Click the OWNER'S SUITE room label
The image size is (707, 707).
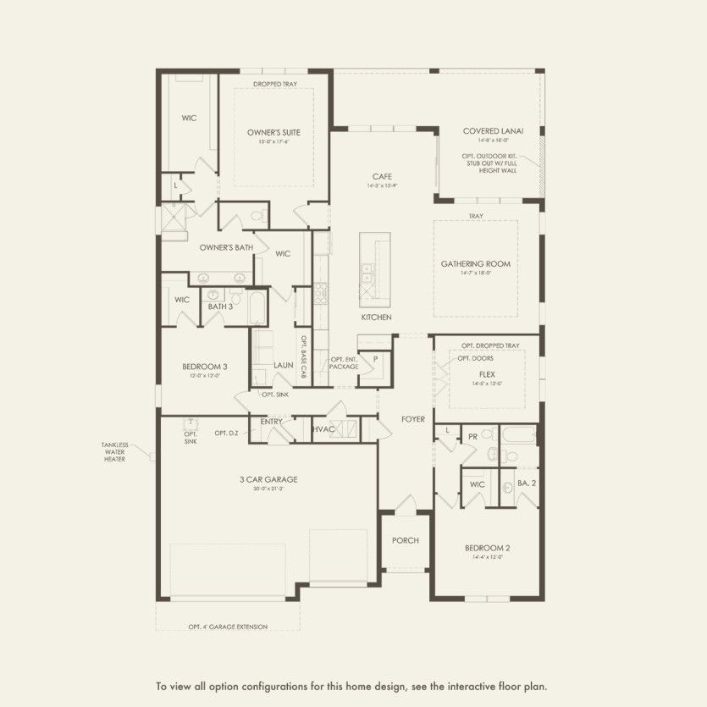[273, 132]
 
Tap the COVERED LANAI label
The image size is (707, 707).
[493, 131]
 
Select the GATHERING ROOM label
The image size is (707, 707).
[475, 264]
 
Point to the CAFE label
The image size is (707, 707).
[382, 176]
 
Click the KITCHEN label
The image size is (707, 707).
[376, 317]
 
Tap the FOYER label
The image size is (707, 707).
[413, 418]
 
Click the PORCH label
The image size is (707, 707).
[405, 541]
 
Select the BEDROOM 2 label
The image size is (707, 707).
[487, 549]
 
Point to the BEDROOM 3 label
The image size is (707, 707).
[204, 367]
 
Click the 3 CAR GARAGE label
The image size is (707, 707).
[268, 479]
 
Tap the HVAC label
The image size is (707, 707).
[324, 429]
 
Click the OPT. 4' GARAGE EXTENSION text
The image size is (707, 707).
[228, 627]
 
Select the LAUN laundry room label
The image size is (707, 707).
[283, 365]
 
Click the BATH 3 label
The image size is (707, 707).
[220, 306]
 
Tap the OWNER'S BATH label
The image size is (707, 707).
[226, 247]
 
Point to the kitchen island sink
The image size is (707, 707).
[368, 273]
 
